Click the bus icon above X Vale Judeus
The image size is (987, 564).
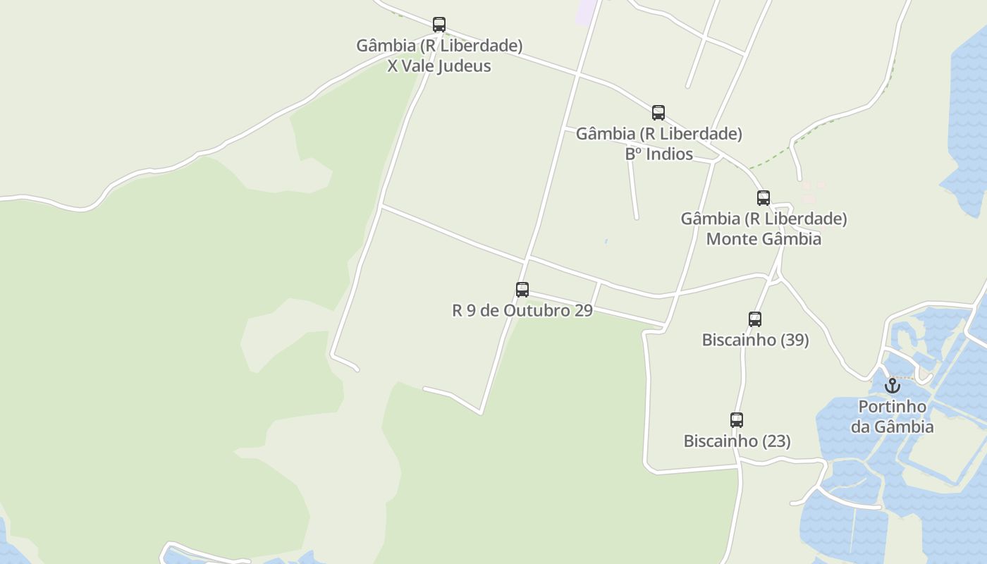(439, 25)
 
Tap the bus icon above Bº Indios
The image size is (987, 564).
(658, 113)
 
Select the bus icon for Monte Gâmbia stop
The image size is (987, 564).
(764, 198)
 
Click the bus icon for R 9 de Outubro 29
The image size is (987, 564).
(522, 290)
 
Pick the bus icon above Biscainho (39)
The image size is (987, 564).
(755, 319)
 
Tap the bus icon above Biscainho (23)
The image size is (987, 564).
(737, 420)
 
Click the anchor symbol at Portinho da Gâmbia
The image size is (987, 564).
(893, 386)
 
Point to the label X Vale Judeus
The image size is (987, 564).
(439, 66)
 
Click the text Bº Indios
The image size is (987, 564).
(659, 154)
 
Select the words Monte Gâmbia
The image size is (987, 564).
(764, 238)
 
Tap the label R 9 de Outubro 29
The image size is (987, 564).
(522, 310)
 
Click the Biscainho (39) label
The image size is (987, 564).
(755, 340)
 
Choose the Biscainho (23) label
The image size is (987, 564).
(737, 441)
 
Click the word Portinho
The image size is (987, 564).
(892, 407)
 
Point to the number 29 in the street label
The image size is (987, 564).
(583, 310)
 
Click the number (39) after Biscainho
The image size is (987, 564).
(795, 340)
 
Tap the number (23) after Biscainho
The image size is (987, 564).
(777, 441)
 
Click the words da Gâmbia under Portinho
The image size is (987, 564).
(892, 427)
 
